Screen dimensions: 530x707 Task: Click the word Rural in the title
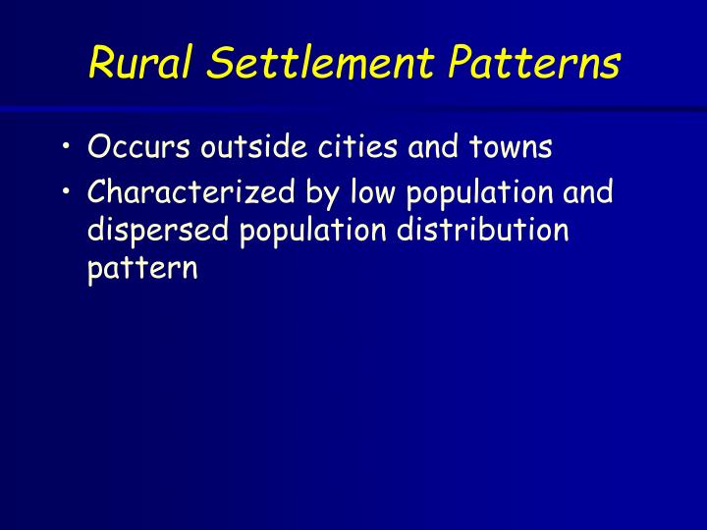pos(138,63)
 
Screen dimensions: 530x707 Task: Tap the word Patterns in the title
pos(535,63)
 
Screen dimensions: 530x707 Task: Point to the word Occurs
pos(139,148)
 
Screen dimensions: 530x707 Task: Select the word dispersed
pos(153,232)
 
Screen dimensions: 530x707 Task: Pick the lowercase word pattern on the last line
pos(142,270)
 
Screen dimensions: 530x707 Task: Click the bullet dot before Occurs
pos(65,149)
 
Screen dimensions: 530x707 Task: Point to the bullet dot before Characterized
pos(65,191)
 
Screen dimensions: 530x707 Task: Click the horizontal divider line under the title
pos(353,108)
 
